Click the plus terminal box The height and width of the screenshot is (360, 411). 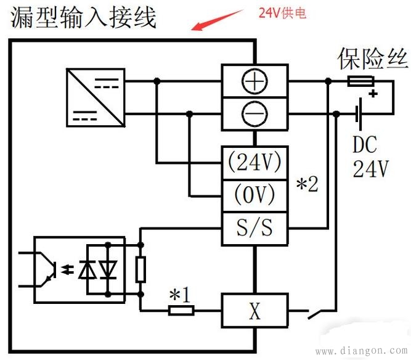tap(254, 81)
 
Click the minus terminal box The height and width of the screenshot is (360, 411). tap(254, 113)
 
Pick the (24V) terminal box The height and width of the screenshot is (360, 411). tap(254, 163)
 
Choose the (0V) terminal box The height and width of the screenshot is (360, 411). tap(254, 195)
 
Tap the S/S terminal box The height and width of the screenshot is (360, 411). tap(254, 229)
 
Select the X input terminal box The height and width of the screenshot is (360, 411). tap(254, 311)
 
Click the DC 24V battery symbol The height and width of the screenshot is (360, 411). tap(358, 113)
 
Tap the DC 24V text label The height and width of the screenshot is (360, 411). tap(370, 157)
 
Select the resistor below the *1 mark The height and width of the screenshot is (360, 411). tap(181, 311)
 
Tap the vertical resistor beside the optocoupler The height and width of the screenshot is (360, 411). tap(140, 269)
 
